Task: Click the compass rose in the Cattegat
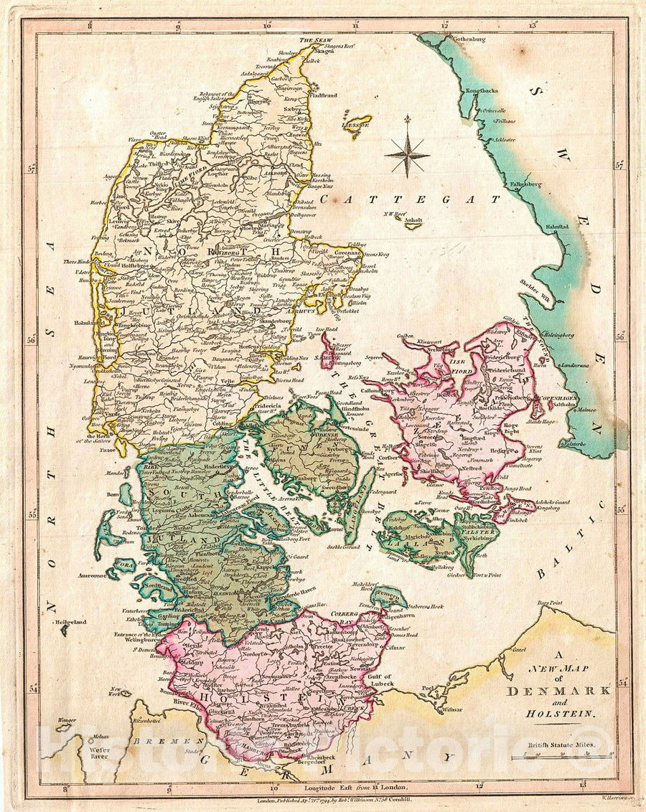point(407,155)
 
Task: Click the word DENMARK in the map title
point(559,691)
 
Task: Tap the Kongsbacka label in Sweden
point(482,91)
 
